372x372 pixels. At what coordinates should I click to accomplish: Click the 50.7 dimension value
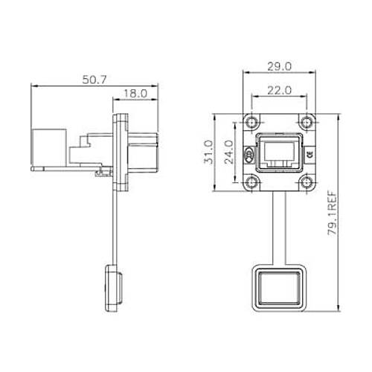pos(94,80)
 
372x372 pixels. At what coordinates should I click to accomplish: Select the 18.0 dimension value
pos(135,94)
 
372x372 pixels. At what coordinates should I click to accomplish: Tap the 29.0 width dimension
pos(280,66)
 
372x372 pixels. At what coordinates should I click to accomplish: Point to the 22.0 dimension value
pos(279,91)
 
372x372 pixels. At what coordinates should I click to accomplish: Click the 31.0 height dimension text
pos(208,152)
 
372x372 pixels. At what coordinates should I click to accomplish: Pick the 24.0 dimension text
pos(228,152)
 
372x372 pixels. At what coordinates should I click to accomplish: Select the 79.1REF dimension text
pos(333,214)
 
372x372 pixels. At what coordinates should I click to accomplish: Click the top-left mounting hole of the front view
pos(252,123)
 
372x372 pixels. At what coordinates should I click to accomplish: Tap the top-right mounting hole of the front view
pos(307,123)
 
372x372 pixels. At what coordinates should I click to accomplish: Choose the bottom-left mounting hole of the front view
pos(252,183)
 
